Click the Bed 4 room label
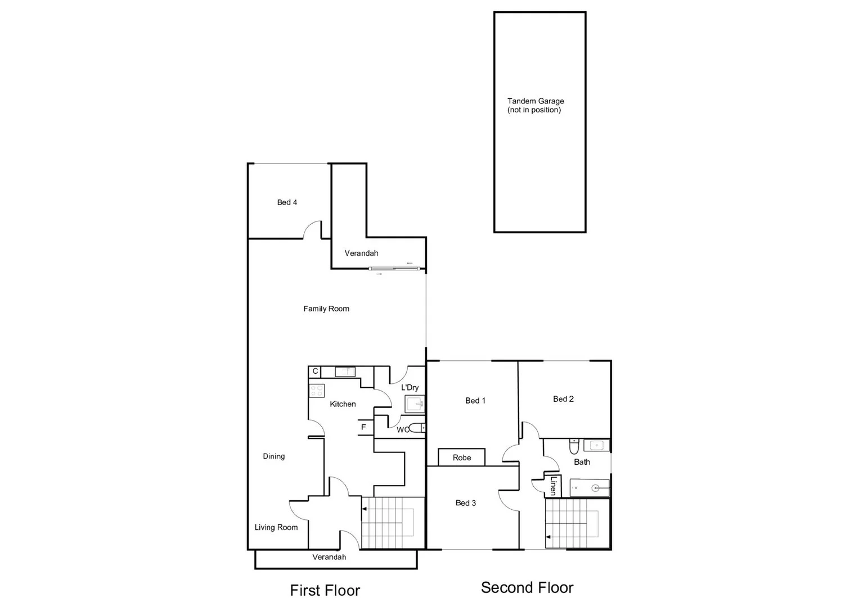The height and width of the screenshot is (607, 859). coord(287,202)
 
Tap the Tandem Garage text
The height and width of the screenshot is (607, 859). coord(535,102)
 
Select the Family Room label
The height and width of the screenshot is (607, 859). coord(326,309)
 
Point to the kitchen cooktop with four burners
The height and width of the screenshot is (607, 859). coord(317,391)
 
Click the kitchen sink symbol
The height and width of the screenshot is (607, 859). coord(345,372)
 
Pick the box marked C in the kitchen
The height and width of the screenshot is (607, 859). coord(315,372)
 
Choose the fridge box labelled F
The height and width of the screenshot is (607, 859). coord(364,427)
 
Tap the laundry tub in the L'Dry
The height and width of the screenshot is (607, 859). coord(415,404)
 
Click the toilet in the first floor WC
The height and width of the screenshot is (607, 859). coord(417,428)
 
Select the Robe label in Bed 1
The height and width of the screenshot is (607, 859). coord(462,457)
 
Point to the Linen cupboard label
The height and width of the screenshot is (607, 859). coord(553,485)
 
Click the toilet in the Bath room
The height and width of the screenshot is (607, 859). coord(574,447)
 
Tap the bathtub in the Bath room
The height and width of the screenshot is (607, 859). coord(590,488)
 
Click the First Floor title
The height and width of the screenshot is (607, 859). coord(325,590)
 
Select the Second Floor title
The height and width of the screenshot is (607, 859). coord(527,588)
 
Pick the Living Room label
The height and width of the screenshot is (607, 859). coord(276,527)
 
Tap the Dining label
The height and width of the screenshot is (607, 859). coord(274,456)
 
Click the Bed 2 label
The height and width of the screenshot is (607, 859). coord(563,399)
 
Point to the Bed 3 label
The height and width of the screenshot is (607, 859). coord(466,503)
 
